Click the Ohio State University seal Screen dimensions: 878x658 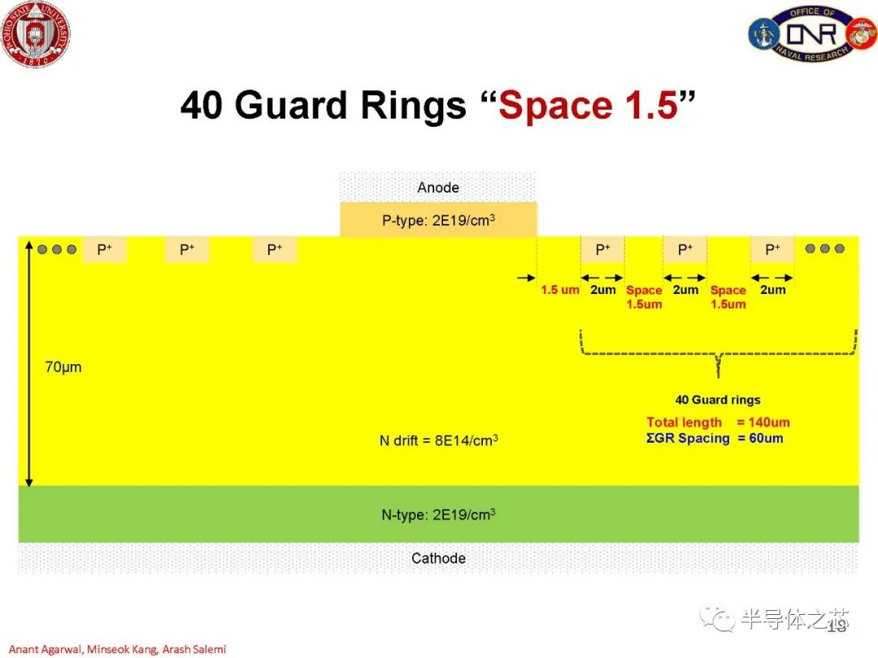click(x=36, y=33)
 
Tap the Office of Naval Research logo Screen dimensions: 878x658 click(x=811, y=34)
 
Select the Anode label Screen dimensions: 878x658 click(x=438, y=188)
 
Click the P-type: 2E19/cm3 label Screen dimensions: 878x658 click(x=438, y=220)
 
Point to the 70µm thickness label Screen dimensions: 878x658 click(x=63, y=367)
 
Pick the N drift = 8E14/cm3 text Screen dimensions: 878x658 click(x=438, y=440)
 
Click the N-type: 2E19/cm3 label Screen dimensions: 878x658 click(x=438, y=514)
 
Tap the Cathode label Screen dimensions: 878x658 click(x=438, y=558)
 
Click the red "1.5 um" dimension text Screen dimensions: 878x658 click(x=559, y=290)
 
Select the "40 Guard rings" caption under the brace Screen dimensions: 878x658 click(x=718, y=400)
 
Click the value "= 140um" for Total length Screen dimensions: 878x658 click(x=763, y=422)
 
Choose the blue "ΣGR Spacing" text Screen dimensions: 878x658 click(x=689, y=438)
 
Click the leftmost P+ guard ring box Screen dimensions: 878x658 click(x=105, y=249)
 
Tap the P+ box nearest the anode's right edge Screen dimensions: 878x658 click(x=602, y=249)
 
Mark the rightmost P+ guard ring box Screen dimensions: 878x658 click(x=772, y=249)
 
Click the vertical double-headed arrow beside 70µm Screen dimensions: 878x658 click(x=29, y=364)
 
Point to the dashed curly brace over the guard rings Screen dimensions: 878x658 click(x=719, y=353)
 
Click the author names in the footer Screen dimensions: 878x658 click(x=118, y=649)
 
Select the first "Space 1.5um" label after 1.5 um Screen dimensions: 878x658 click(x=644, y=297)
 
